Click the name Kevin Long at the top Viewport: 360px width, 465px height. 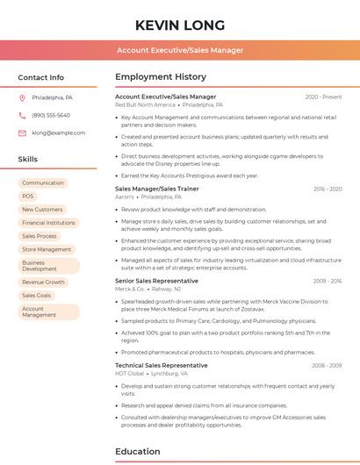pyautogui.click(x=180, y=25)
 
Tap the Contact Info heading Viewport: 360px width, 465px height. pyautogui.click(x=40, y=77)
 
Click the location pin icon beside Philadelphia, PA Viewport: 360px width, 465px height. pyautogui.click(x=22, y=97)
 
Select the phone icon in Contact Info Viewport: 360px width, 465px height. pyautogui.click(x=22, y=115)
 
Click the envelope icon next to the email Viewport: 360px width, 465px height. pyautogui.click(x=22, y=132)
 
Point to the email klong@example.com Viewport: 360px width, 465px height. pyautogui.click(x=59, y=132)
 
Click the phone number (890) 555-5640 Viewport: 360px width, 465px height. pyautogui.click(x=51, y=115)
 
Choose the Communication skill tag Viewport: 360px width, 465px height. pyautogui.click(x=43, y=182)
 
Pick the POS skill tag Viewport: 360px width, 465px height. pyautogui.click(x=28, y=196)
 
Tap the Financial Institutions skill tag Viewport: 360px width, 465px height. pyautogui.click(x=48, y=223)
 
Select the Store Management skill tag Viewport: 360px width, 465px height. pyautogui.click(x=47, y=249)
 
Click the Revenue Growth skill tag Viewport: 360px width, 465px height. pyautogui.click(x=44, y=283)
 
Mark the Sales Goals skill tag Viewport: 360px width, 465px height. pyautogui.click(x=37, y=296)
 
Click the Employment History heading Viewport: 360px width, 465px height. pyautogui.click(x=160, y=77)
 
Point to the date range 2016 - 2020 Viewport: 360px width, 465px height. pyautogui.click(x=327, y=189)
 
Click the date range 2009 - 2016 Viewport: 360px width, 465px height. pyautogui.click(x=327, y=281)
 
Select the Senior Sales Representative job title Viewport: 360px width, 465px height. pyautogui.click(x=156, y=281)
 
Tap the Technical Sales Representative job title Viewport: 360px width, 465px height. pyautogui.click(x=162, y=365)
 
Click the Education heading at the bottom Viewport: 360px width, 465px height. pyautogui.click(x=139, y=452)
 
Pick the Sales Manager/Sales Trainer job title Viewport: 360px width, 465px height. pyautogui.click(x=157, y=189)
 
